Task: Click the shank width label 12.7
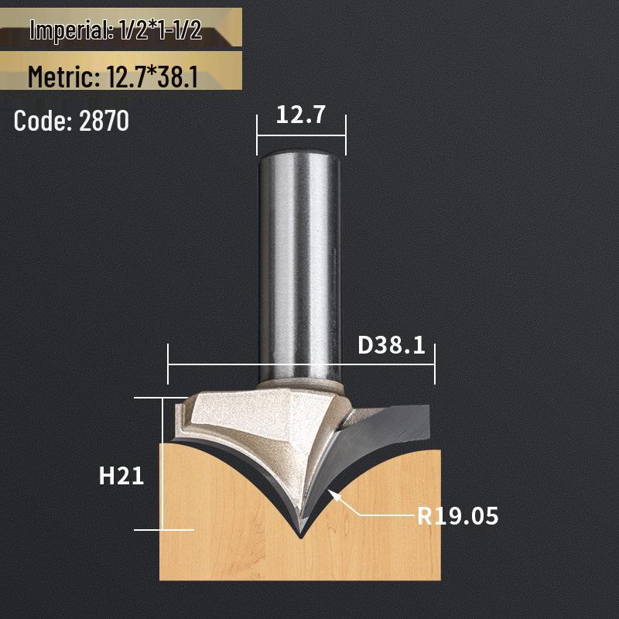coord(301,116)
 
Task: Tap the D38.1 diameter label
coord(392,344)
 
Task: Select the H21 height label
coord(121,476)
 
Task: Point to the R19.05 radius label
coord(458,515)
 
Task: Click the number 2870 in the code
coord(104,121)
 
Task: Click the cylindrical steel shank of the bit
coord(299,255)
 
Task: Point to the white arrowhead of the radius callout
coord(334,496)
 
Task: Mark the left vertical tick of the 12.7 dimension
coord(257,132)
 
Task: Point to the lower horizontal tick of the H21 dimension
coord(164,530)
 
